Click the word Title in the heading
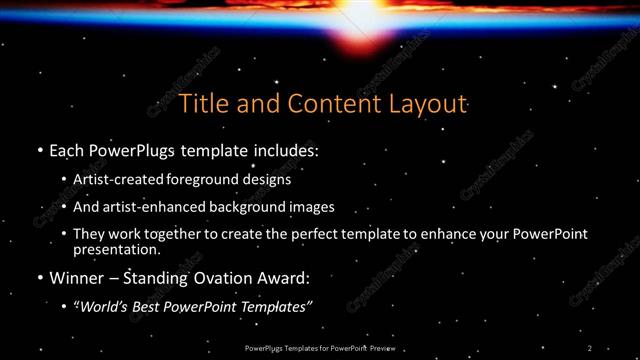(x=201, y=104)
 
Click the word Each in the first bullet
(x=67, y=152)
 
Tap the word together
(x=171, y=234)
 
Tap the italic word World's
(x=104, y=305)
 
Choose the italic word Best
(x=149, y=305)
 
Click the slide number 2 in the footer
(x=590, y=348)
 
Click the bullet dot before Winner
(x=40, y=277)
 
